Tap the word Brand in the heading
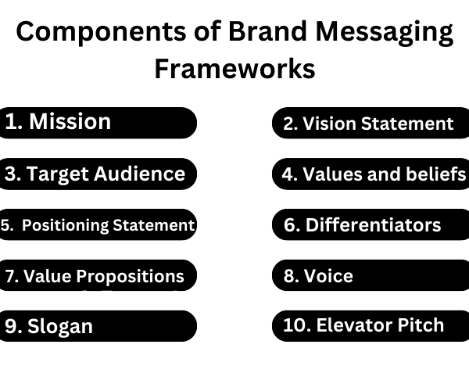pyautogui.click(x=267, y=30)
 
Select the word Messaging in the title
pyautogui.click(x=385, y=33)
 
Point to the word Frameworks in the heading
pyautogui.click(x=234, y=69)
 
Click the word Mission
pyautogui.click(x=70, y=121)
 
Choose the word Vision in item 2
pyautogui.click(x=330, y=124)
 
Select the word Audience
pyautogui.click(x=140, y=174)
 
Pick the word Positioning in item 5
pyautogui.click(x=65, y=225)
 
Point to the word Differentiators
pyautogui.click(x=373, y=224)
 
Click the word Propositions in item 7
pyautogui.click(x=130, y=276)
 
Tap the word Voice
pyautogui.click(x=328, y=275)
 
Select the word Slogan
pyautogui.click(x=60, y=326)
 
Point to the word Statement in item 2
pyautogui.click(x=407, y=124)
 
